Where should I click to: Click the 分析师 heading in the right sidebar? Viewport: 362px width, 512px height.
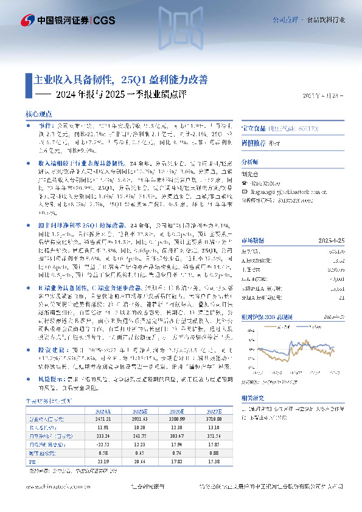coord(250,162)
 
